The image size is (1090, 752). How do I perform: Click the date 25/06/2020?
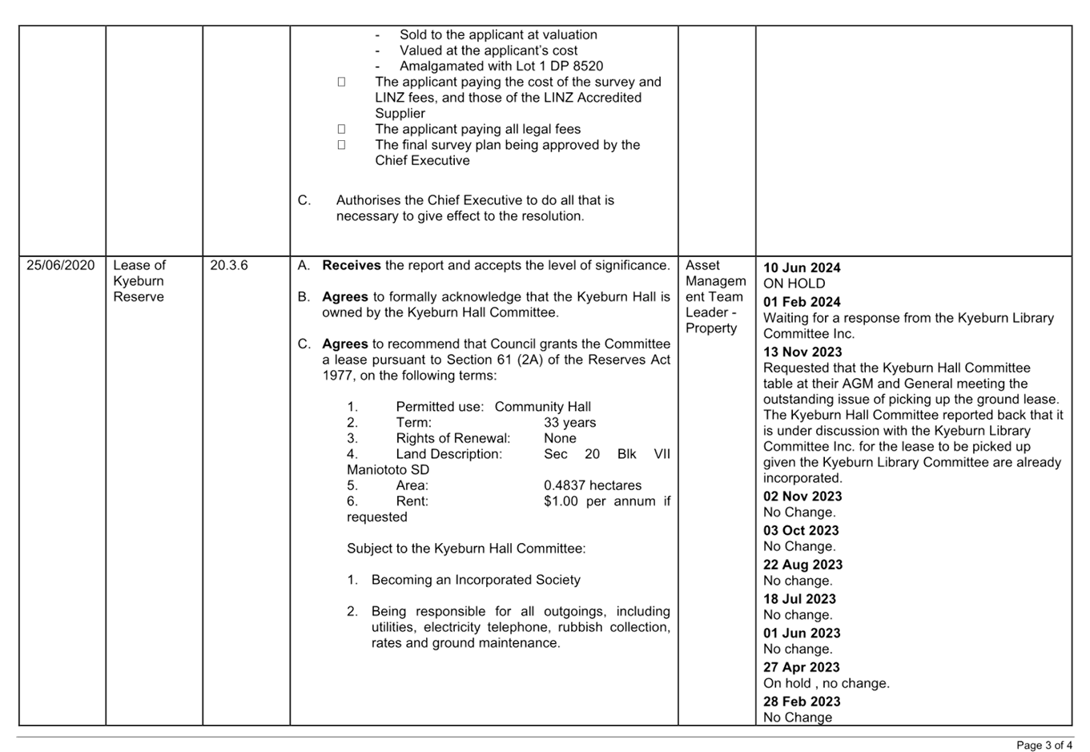[60, 265]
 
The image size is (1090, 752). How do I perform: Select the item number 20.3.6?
[228, 265]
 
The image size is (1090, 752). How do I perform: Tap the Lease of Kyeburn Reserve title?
[139, 281]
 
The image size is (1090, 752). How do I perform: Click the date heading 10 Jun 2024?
[802, 267]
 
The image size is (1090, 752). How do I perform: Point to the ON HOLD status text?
[794, 284]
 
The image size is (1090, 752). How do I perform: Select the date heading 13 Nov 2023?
[802, 352]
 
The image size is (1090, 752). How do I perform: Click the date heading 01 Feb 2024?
[802, 302]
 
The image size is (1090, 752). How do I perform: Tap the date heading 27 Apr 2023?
[802, 667]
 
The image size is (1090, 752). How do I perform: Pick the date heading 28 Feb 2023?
[802, 702]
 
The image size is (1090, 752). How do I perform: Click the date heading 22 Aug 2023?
[802, 565]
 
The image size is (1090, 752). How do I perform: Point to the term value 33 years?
[569, 423]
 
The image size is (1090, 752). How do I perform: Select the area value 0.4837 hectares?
[592, 485]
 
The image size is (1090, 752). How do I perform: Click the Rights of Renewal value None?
[559, 438]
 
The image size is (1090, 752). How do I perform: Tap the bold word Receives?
[351, 265]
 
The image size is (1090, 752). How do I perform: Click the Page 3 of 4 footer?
[1044, 746]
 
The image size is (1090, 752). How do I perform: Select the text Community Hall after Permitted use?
[542, 407]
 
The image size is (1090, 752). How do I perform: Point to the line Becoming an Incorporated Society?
[475, 580]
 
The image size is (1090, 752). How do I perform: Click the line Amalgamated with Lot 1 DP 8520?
[501, 66]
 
